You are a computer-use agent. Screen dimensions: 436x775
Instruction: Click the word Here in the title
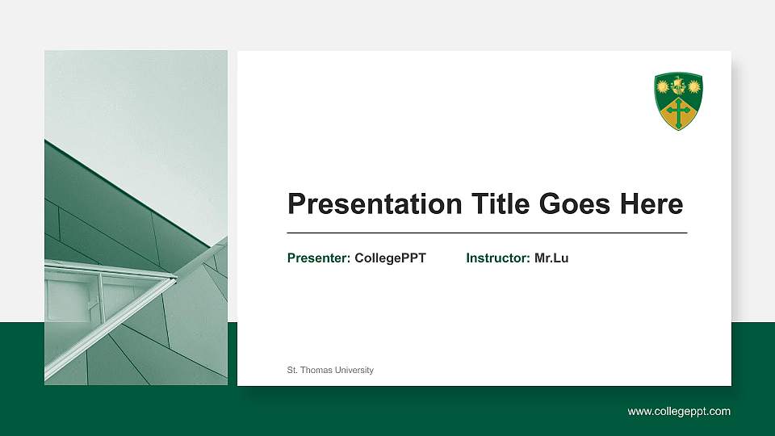[651, 204]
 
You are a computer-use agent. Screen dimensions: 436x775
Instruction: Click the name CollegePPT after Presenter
[390, 258]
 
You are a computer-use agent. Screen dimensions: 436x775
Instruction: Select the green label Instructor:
[498, 258]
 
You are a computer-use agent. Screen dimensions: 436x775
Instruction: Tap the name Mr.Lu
[551, 258]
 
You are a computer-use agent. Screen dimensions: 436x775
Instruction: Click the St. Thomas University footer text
[330, 371]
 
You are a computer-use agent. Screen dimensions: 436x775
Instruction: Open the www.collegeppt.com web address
[679, 412]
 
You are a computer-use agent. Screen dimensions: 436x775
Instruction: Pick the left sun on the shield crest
[664, 85]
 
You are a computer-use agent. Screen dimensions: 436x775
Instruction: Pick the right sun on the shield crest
[693, 85]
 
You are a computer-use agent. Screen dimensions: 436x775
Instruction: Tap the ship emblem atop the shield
[678, 83]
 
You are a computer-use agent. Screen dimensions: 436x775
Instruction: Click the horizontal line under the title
[487, 233]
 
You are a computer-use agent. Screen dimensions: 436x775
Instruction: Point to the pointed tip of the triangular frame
[175, 278]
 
